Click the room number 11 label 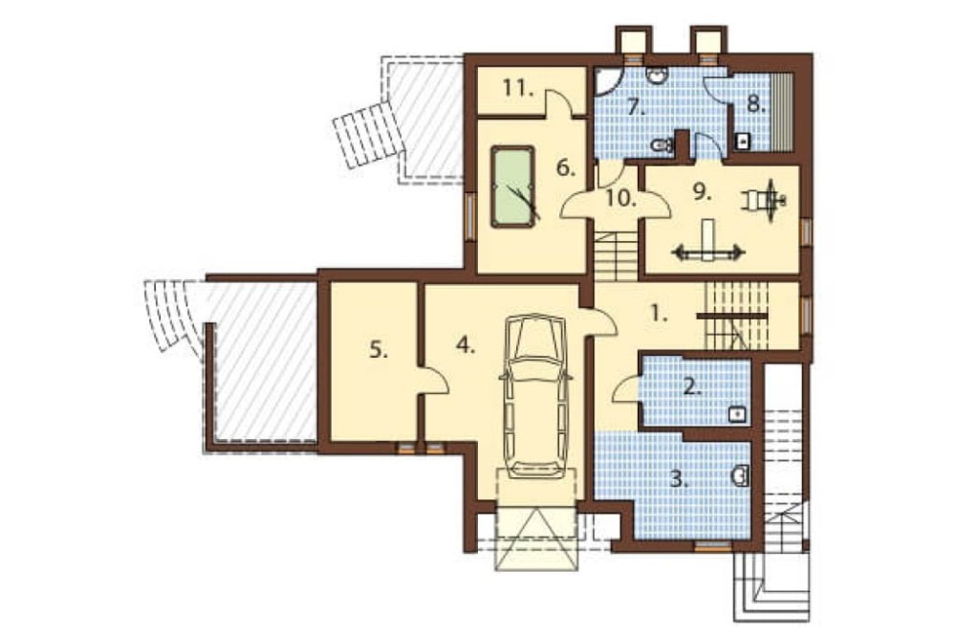[x=518, y=88]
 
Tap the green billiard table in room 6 [x=512, y=187]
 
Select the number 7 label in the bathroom [x=636, y=107]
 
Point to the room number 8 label [x=756, y=104]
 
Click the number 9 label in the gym [x=703, y=192]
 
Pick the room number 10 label [x=620, y=198]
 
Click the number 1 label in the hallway [x=657, y=314]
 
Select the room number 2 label [x=691, y=386]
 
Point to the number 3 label [x=678, y=479]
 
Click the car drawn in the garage [x=535, y=396]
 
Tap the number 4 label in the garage [x=465, y=346]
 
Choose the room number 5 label [x=378, y=350]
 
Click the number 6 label [x=566, y=167]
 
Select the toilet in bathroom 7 [x=662, y=145]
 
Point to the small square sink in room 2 [x=738, y=415]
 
